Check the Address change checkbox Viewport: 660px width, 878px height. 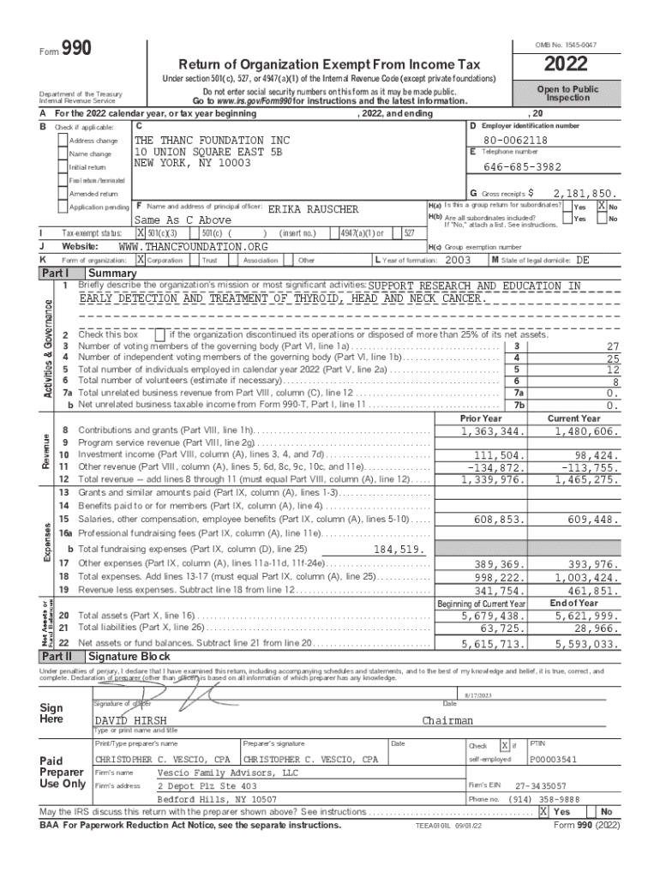coord(62,141)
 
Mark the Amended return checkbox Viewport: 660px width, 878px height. coord(62,194)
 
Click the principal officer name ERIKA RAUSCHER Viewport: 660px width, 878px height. coord(314,209)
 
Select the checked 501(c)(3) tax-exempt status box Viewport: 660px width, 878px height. coord(141,232)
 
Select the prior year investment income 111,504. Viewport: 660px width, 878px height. coord(493,455)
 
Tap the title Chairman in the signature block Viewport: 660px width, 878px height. coord(447,721)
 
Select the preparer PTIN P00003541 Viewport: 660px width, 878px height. coord(553,760)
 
